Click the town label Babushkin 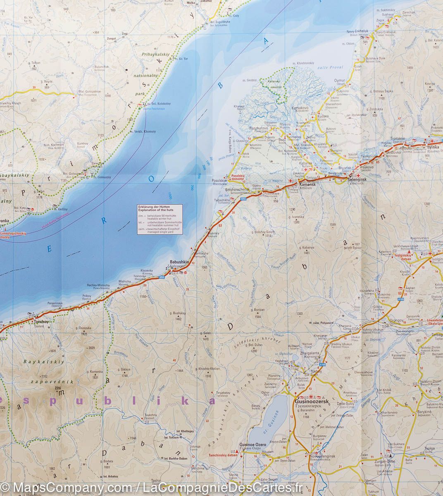point(178,262)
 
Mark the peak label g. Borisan point(257,309)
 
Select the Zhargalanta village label point(312,353)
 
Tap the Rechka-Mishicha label point(98,285)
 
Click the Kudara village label point(323,117)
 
